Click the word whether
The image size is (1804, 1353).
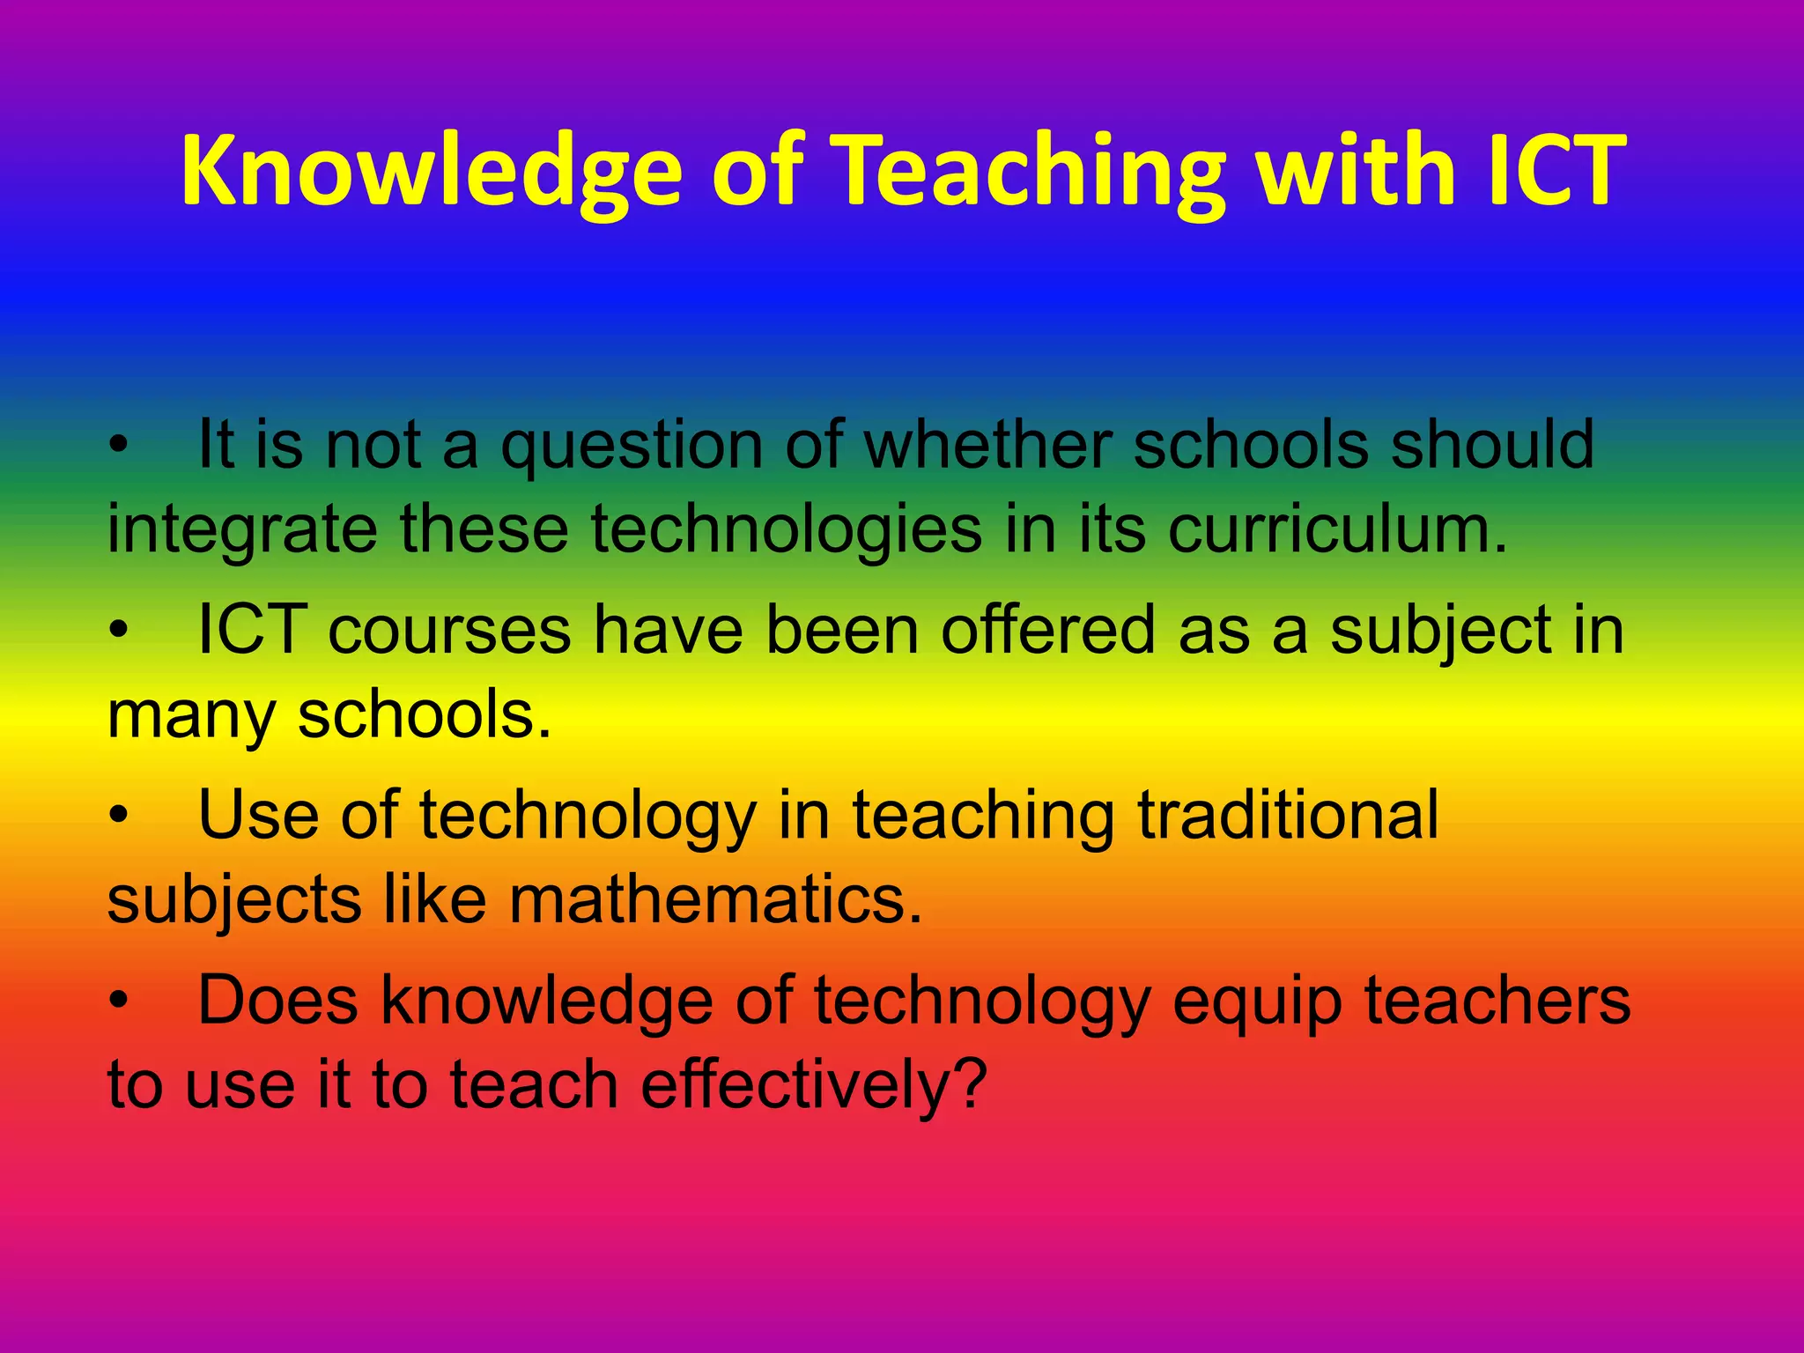pyautogui.click(x=987, y=445)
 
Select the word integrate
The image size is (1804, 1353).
pyautogui.click(x=242, y=531)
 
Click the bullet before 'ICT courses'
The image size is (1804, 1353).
pyautogui.click(x=119, y=632)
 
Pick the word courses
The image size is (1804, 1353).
pyautogui.click(x=449, y=632)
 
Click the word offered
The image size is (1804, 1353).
pyautogui.click(x=1047, y=630)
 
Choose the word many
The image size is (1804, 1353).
pyautogui.click(x=191, y=716)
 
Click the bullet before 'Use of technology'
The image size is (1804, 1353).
pyautogui.click(x=119, y=817)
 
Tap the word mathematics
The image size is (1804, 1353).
pyautogui.click(x=715, y=900)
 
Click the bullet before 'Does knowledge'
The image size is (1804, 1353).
pyautogui.click(x=119, y=1002)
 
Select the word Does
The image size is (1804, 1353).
pyautogui.click(x=278, y=1001)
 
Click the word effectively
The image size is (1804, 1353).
pyautogui.click(x=801, y=1085)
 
